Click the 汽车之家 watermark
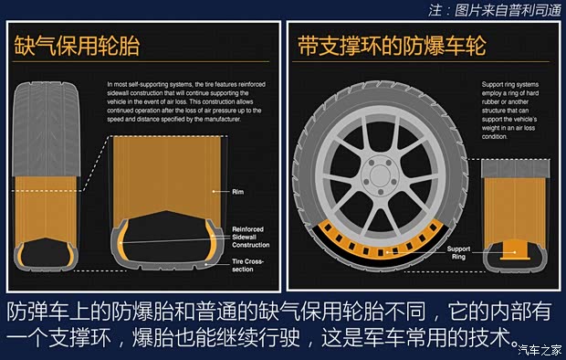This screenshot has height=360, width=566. (539, 348)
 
